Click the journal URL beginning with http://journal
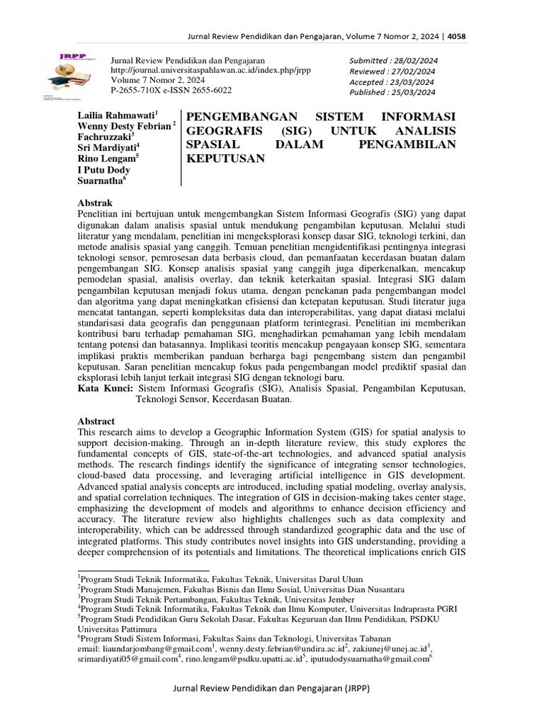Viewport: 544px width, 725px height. point(211,71)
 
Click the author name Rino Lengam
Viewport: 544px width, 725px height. point(106,159)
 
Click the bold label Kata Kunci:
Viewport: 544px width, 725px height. point(104,389)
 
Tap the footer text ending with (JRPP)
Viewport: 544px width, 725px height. point(272,689)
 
